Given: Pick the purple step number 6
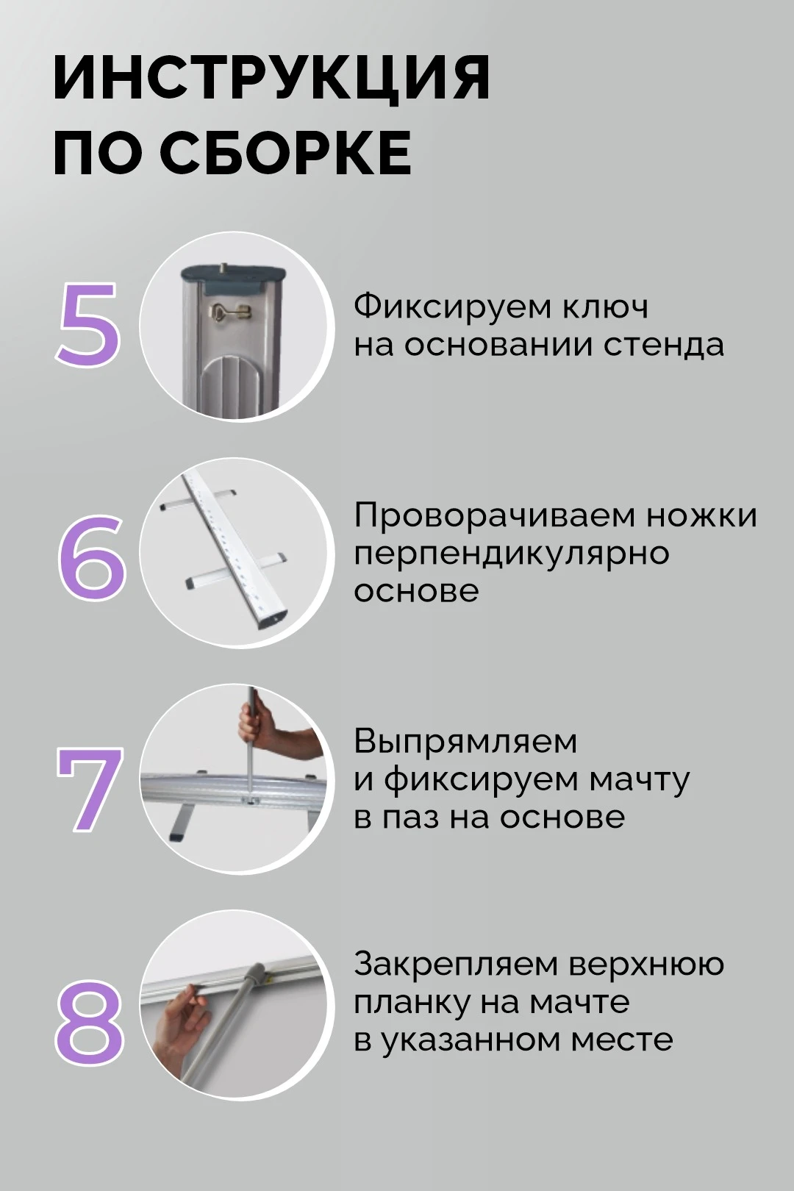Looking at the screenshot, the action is [x=91, y=555].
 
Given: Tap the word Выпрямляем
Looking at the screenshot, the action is [x=465, y=743].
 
